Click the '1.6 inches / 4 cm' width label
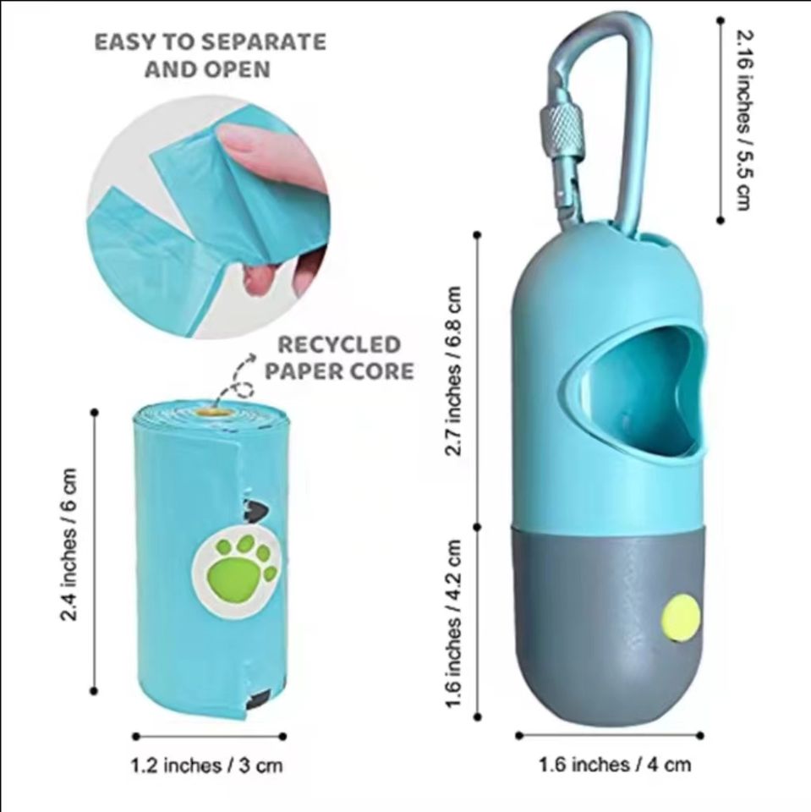pos(615,765)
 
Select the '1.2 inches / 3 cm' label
pos(206,766)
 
